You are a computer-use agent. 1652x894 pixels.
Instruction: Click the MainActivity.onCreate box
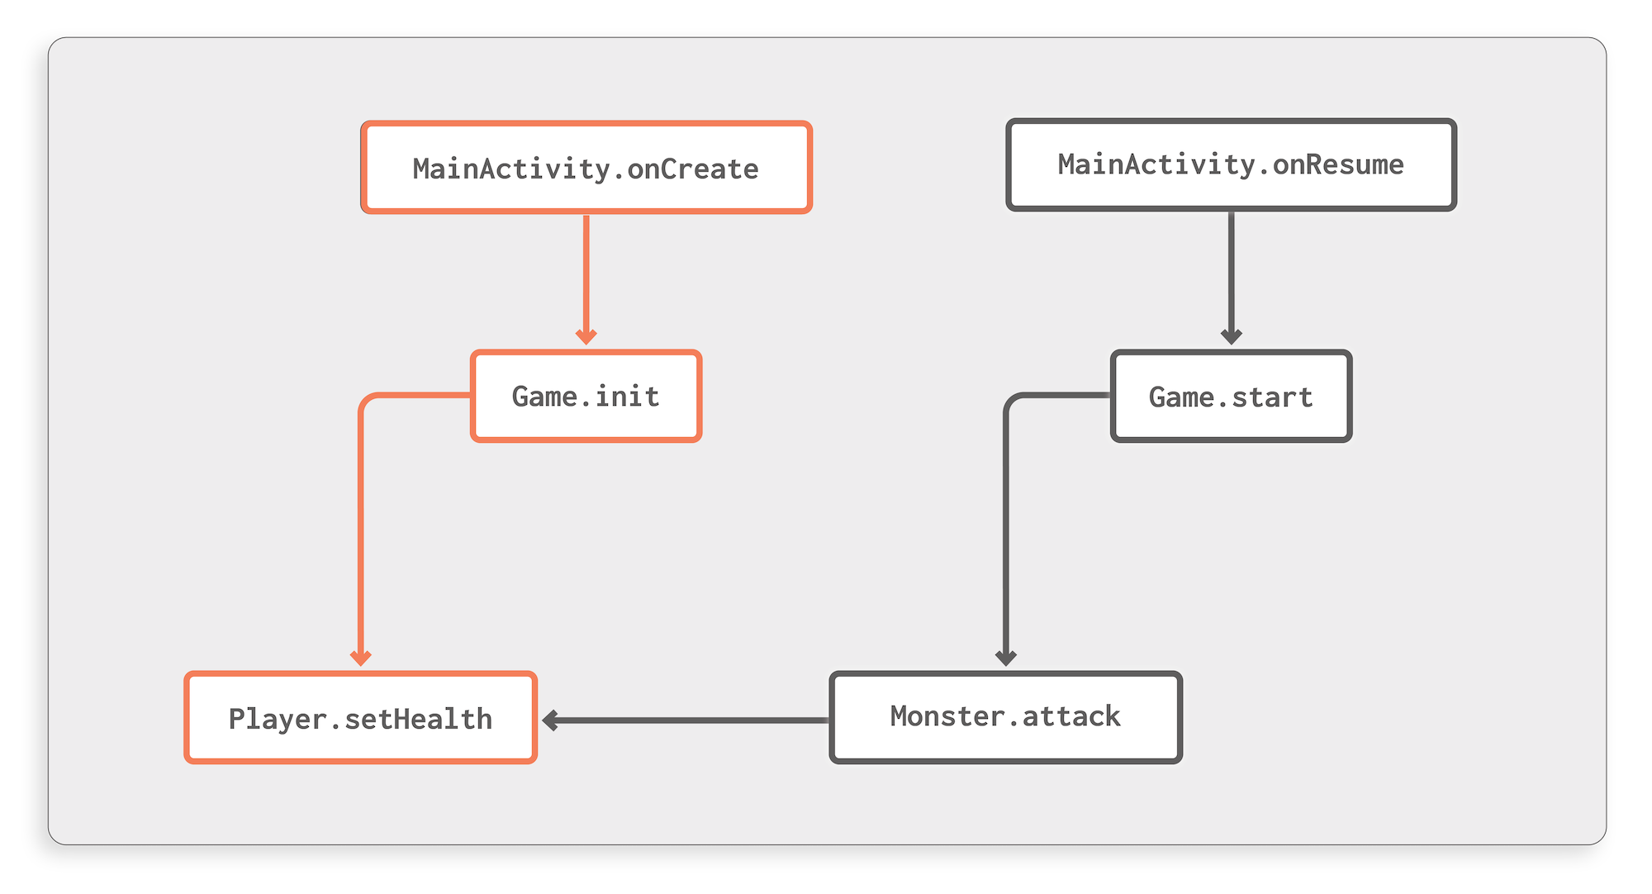[x=586, y=168]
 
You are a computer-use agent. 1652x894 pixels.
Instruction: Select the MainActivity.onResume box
[x=1231, y=165]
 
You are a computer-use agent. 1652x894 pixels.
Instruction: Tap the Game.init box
[x=586, y=397]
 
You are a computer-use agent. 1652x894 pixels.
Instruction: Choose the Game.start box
[x=1231, y=397]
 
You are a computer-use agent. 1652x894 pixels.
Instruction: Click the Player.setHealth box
[x=361, y=718]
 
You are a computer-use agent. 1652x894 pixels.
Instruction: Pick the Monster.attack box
[x=1005, y=717]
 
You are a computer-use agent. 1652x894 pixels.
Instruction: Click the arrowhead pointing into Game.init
[x=586, y=336]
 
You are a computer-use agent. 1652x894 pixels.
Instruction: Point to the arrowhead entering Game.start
[x=1231, y=336]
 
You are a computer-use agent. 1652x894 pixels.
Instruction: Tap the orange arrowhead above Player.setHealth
[x=361, y=658]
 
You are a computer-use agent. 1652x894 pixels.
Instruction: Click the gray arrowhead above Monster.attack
[x=1005, y=658]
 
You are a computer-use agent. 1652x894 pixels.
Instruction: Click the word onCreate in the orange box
[x=692, y=169]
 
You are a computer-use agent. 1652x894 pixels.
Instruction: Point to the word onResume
[x=1337, y=164]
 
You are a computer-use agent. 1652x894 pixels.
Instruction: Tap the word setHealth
[x=418, y=719]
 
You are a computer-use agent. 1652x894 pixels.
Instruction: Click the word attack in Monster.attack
[x=1071, y=716]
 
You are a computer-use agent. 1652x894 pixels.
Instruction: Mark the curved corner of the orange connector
[x=367, y=402]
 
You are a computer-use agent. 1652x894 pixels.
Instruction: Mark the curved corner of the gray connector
[x=1012, y=402]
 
